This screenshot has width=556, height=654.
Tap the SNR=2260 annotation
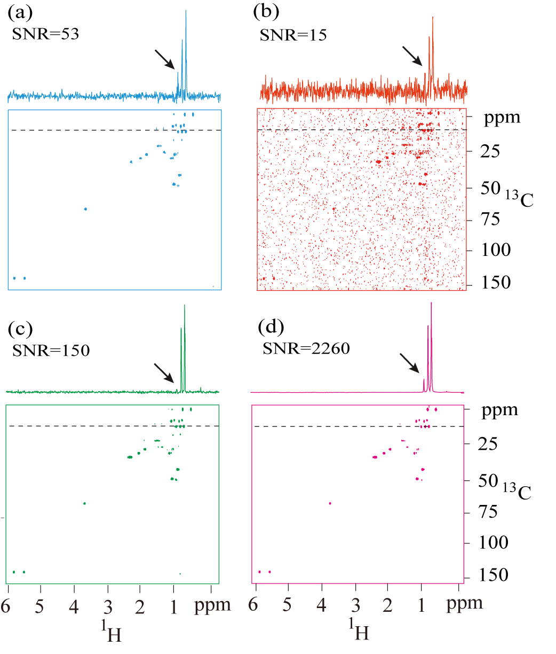click(x=306, y=349)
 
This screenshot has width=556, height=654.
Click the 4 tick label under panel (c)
click(x=73, y=605)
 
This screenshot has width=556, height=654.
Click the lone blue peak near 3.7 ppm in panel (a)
click(x=85, y=209)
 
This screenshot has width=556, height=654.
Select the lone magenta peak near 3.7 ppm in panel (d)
click(x=330, y=503)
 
